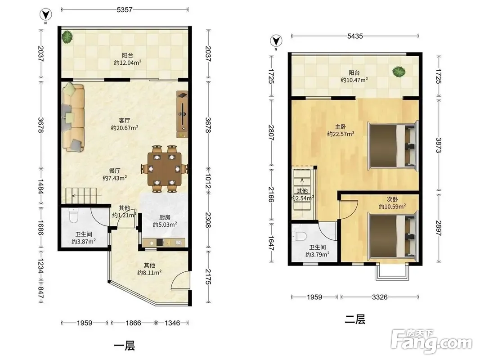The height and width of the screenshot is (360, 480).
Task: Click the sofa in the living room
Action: (73, 118)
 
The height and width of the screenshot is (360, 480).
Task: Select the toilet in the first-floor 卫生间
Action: (74, 216)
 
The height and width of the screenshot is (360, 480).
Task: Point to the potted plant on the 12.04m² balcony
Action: (67, 37)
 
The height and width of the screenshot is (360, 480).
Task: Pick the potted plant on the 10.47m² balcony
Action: (399, 72)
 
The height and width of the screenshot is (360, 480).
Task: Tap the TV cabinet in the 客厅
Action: (183, 114)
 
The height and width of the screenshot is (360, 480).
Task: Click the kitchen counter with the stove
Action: (164, 243)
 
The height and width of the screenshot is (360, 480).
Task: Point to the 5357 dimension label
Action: (124, 10)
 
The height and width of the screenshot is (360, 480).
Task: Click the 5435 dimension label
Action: (355, 36)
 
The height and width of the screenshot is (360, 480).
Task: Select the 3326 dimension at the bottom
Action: (380, 297)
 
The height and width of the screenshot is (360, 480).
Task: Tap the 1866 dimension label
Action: (133, 323)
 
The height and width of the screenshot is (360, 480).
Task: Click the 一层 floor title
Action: (124, 346)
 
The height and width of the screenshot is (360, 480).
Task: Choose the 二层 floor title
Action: (355, 319)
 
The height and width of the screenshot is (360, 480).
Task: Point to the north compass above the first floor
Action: (46, 15)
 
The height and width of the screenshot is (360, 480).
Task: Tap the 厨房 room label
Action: (165, 217)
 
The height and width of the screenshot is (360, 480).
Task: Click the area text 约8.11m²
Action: (149, 272)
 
